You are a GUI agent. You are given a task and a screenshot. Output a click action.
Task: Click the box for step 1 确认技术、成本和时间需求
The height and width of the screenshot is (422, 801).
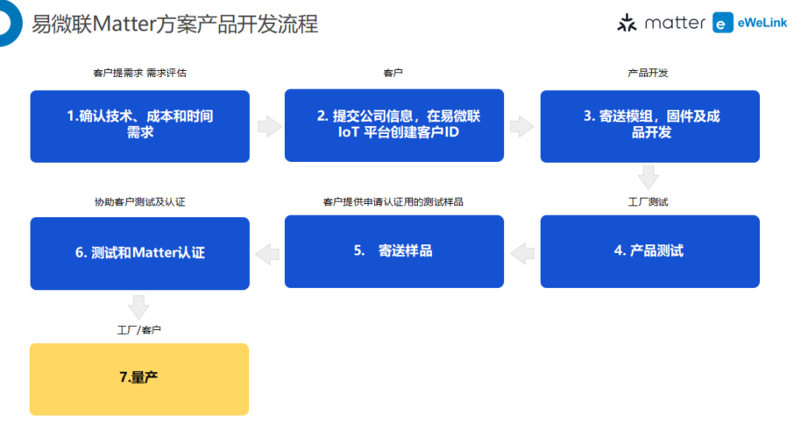(x=140, y=127)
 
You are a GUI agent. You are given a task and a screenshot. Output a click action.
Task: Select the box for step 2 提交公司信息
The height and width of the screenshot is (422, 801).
(x=394, y=125)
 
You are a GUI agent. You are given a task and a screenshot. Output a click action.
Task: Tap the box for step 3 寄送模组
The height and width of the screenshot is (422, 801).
(x=649, y=127)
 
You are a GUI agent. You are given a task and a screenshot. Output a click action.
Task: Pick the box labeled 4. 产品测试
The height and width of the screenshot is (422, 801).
(x=649, y=251)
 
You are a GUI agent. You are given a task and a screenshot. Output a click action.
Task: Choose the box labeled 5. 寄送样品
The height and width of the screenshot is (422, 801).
(x=394, y=251)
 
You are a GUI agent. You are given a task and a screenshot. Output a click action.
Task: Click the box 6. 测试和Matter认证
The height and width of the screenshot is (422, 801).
(x=140, y=254)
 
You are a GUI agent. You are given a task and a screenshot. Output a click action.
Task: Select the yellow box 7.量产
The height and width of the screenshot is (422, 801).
(x=139, y=379)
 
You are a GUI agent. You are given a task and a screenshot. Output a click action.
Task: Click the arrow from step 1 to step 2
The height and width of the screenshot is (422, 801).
(x=269, y=127)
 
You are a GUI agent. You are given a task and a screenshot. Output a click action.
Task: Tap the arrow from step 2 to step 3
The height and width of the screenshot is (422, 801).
(x=521, y=127)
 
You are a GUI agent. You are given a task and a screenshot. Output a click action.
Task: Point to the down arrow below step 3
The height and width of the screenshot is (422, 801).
(x=649, y=178)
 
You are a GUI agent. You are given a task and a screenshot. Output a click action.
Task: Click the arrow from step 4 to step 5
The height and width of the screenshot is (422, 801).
(x=522, y=254)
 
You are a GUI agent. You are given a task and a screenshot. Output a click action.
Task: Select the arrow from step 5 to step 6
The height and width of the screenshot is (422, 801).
(x=267, y=254)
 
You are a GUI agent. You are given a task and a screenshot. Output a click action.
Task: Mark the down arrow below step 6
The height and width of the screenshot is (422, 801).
(x=138, y=307)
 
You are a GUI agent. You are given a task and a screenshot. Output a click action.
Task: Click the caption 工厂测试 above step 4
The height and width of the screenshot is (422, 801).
(x=648, y=202)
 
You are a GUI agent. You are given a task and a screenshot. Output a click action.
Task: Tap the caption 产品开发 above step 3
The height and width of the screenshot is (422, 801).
(x=648, y=73)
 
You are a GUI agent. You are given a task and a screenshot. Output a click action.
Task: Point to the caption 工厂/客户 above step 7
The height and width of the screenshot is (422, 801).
(x=139, y=330)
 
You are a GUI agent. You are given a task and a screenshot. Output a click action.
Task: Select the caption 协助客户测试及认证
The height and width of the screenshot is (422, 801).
(x=139, y=202)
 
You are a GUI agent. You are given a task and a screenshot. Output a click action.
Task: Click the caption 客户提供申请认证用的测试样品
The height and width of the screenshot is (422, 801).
(x=393, y=202)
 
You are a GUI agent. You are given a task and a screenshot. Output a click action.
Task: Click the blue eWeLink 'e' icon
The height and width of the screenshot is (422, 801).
(x=723, y=23)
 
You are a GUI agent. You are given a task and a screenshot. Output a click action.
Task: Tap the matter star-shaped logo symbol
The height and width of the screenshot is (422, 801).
(x=627, y=23)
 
